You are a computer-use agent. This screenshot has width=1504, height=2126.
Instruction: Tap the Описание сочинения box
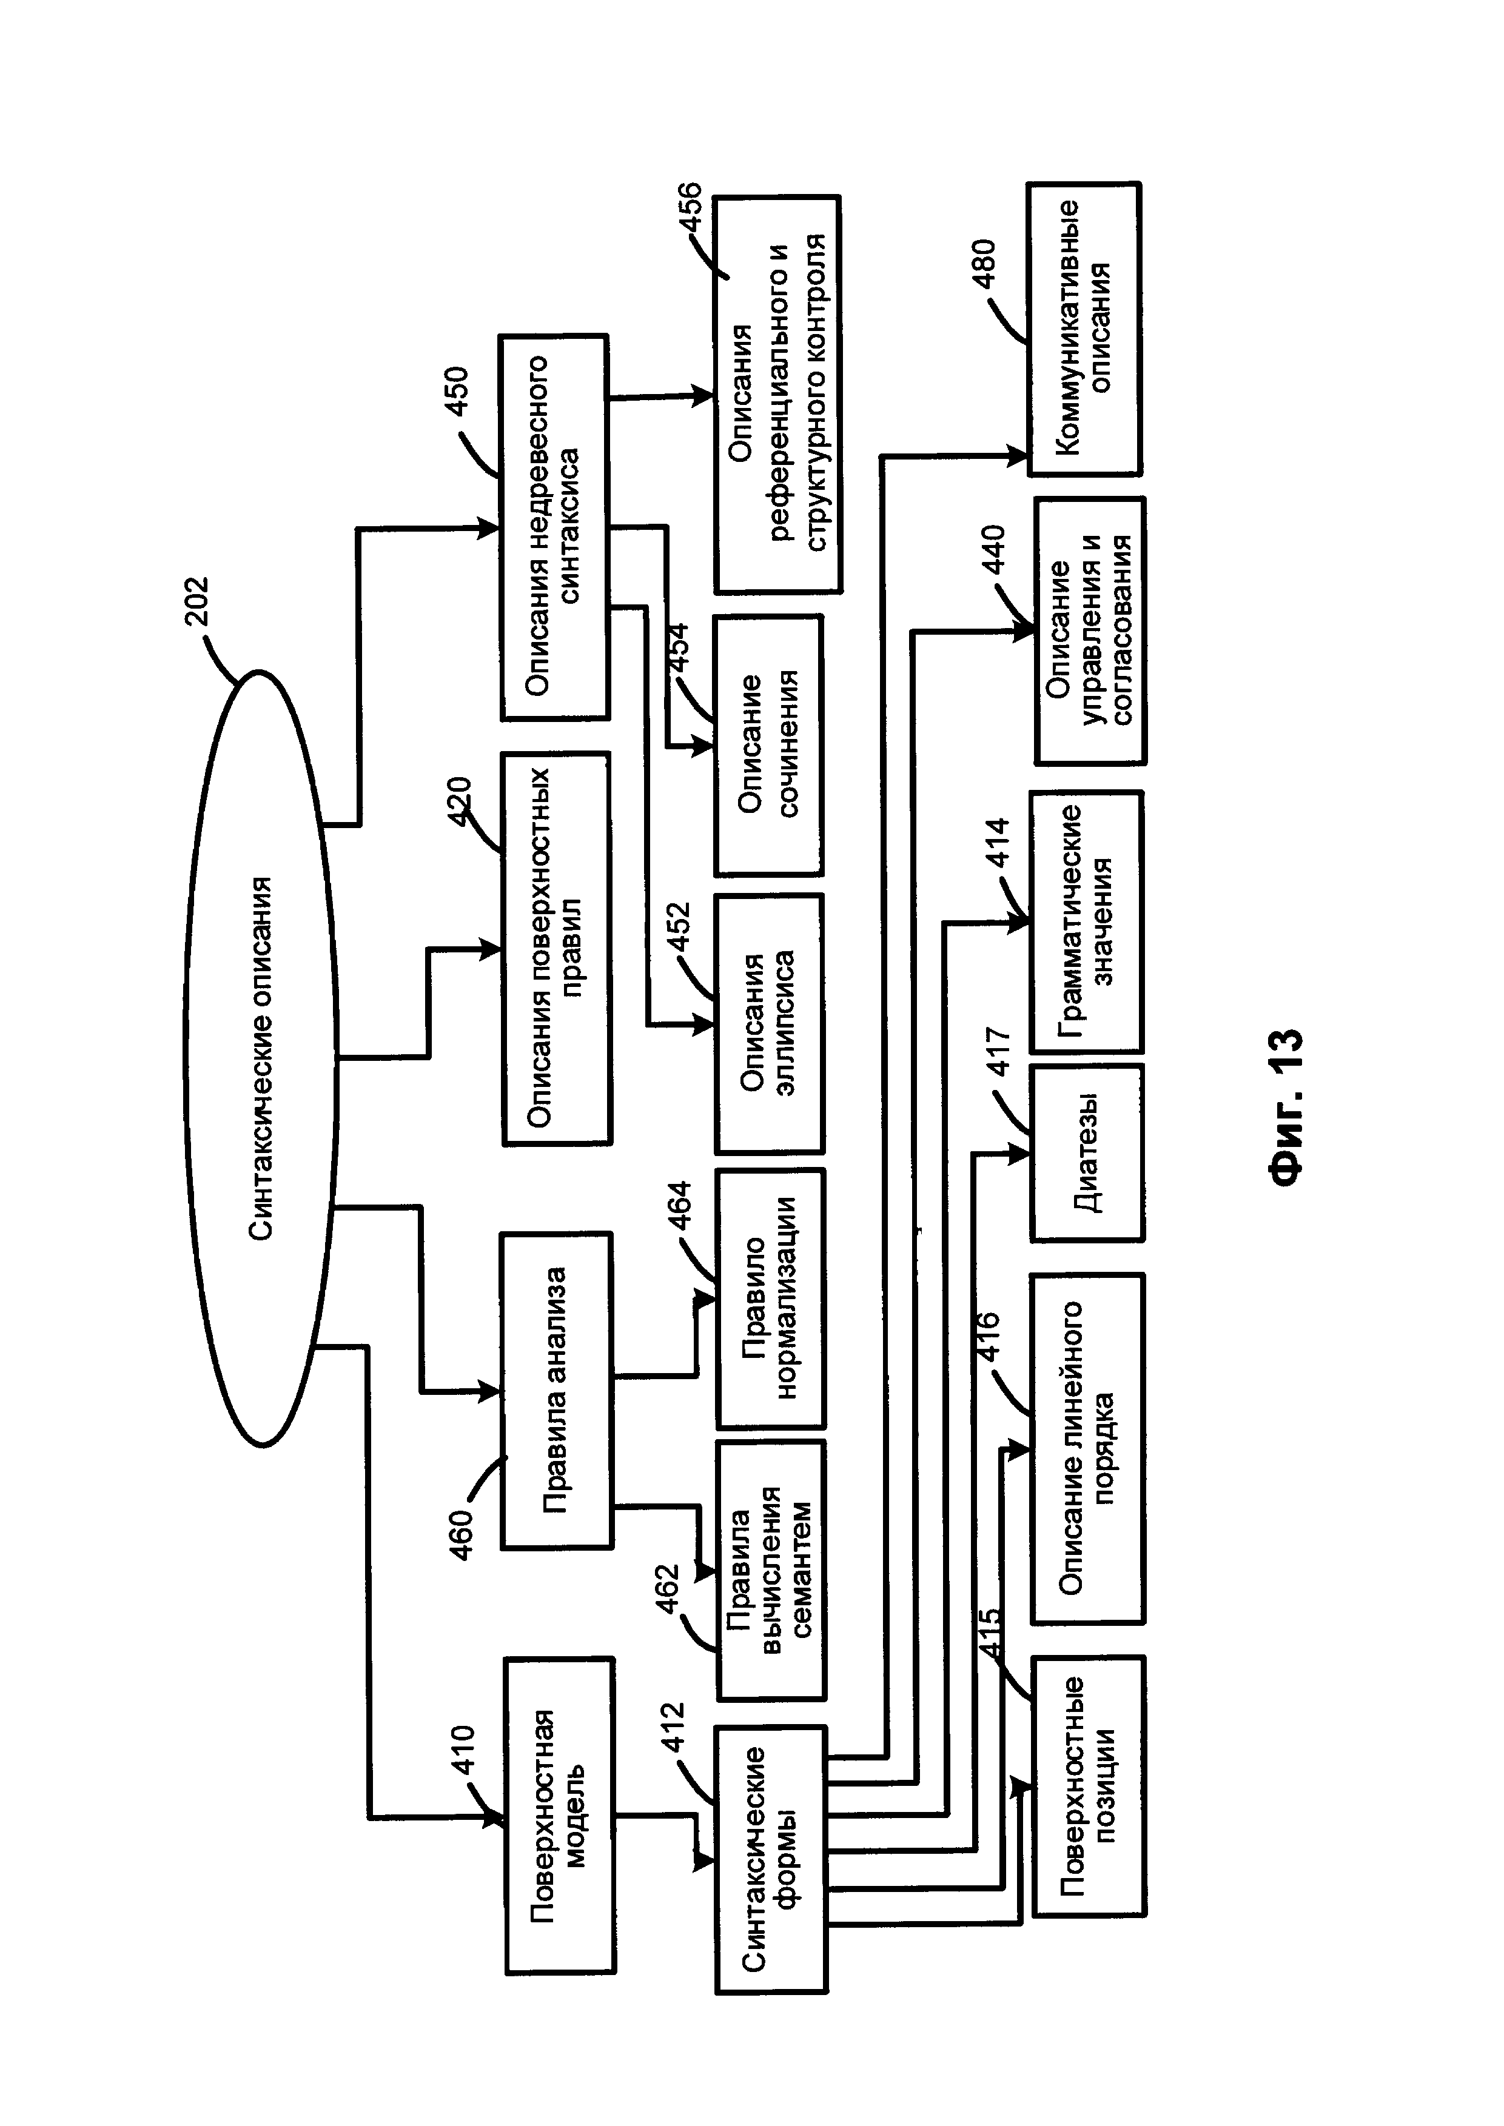pos(768,746)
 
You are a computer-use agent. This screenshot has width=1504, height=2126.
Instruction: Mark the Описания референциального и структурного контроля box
pos(777,395)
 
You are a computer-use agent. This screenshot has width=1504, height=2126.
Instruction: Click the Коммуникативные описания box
pos(1084,329)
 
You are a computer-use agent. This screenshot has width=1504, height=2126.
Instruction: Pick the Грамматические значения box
pos(1086,921)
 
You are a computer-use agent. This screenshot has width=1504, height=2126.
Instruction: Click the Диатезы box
pos(1086,1153)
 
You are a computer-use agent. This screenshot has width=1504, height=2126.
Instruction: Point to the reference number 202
pos(196,602)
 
